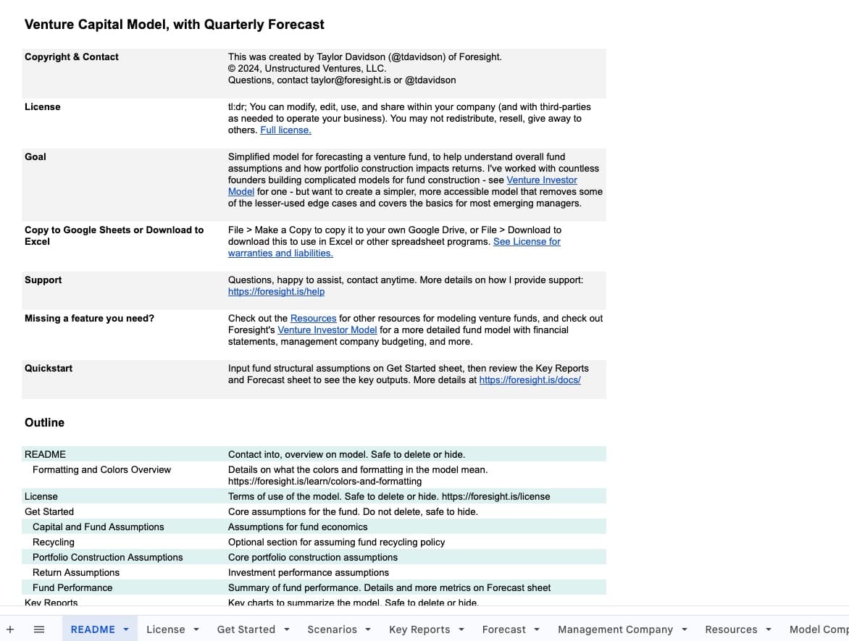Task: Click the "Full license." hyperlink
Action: tap(285, 130)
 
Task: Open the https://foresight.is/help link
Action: tap(276, 292)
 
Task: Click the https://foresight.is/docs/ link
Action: tap(530, 380)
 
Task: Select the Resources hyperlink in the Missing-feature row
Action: tap(313, 319)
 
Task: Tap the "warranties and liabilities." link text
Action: tap(280, 254)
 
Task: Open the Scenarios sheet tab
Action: tap(332, 629)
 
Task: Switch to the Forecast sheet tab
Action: tap(503, 629)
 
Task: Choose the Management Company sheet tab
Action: tap(615, 629)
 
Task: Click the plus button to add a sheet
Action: tap(10, 629)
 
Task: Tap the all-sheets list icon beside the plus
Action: tap(39, 629)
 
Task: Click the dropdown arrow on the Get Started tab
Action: tap(287, 629)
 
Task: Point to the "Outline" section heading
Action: tap(44, 423)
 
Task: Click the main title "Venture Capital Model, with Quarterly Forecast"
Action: tap(175, 25)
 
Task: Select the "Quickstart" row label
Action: tap(49, 369)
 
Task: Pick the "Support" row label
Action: tap(43, 280)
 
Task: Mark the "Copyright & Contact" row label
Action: tap(72, 57)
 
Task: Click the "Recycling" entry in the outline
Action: tap(54, 542)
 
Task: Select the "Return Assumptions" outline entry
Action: tap(76, 573)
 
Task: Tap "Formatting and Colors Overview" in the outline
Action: tap(101, 470)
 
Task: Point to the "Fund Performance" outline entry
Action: tap(72, 588)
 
